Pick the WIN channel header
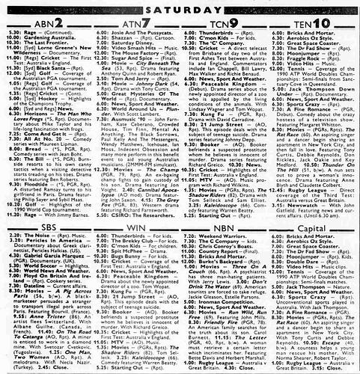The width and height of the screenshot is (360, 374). click(134, 201)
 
